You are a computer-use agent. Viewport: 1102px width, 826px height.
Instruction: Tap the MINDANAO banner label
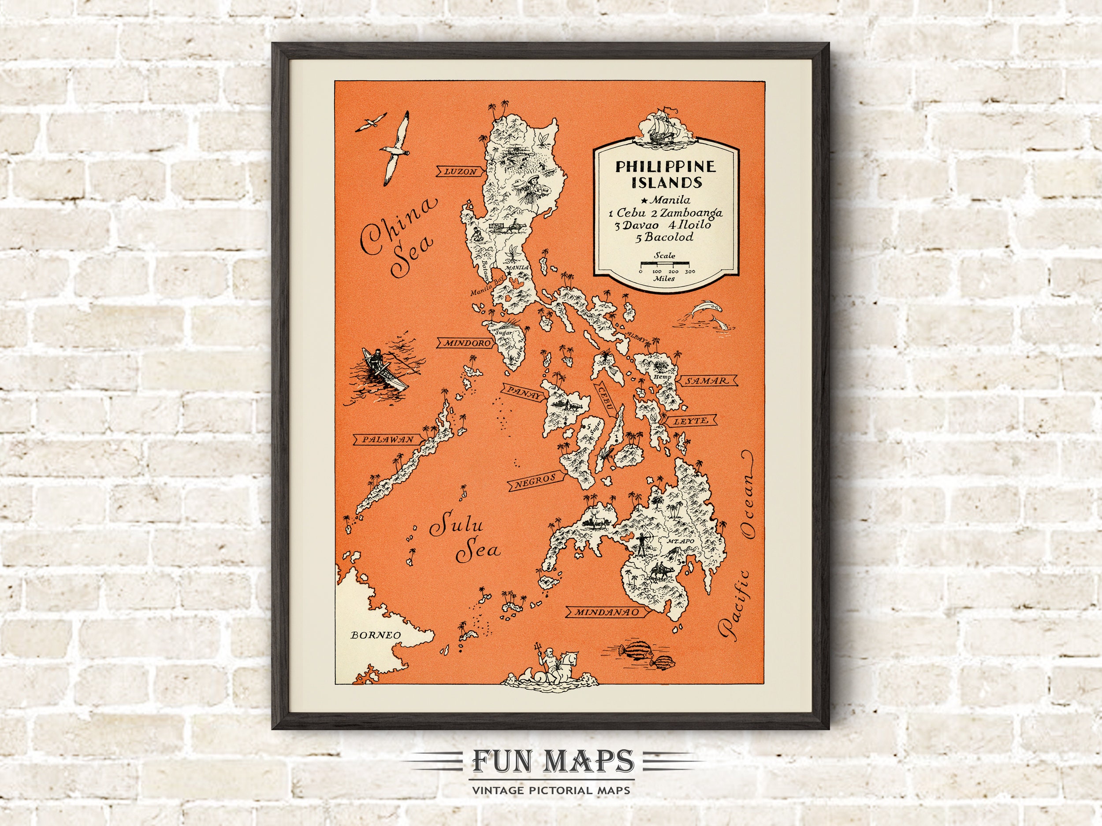click(606, 612)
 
